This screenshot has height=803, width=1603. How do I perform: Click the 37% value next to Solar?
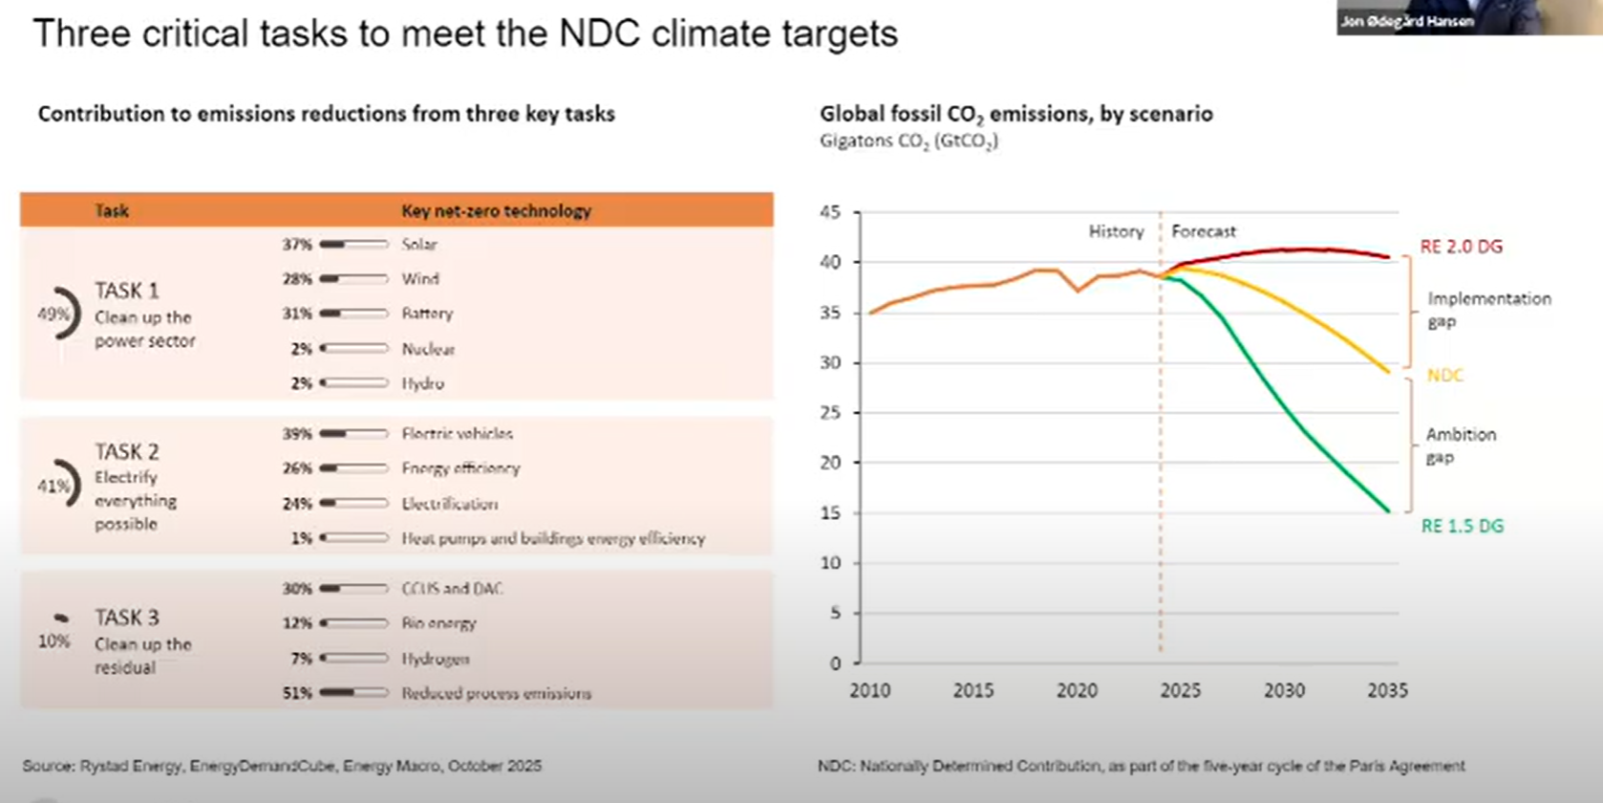point(297,245)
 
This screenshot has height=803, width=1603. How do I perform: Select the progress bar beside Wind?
point(353,279)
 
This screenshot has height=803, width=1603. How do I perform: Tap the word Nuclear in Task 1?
point(428,349)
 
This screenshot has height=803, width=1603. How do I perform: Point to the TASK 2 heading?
point(127,451)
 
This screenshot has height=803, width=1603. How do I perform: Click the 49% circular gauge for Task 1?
point(59,314)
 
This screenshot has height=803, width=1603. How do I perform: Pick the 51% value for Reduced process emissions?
point(297,693)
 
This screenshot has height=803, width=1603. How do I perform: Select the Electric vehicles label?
point(457,434)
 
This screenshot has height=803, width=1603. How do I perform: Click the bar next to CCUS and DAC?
point(353,589)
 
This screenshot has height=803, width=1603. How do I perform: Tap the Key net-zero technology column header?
point(496,210)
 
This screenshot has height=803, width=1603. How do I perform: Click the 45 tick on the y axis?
point(830,212)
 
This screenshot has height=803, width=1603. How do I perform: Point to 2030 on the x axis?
point(1284,690)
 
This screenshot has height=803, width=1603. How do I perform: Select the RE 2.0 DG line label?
point(1461,247)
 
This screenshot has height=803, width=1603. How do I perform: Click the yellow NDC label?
point(1444,375)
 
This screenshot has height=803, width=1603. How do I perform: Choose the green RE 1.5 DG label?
point(1462,526)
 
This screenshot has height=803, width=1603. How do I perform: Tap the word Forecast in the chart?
point(1203,231)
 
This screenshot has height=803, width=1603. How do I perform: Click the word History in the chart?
point(1116,231)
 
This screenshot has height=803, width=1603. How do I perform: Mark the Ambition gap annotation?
point(1461,445)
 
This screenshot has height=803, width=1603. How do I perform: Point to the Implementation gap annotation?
point(1488,310)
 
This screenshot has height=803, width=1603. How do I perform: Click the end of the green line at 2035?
point(1388,511)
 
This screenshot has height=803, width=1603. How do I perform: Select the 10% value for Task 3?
point(54,641)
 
